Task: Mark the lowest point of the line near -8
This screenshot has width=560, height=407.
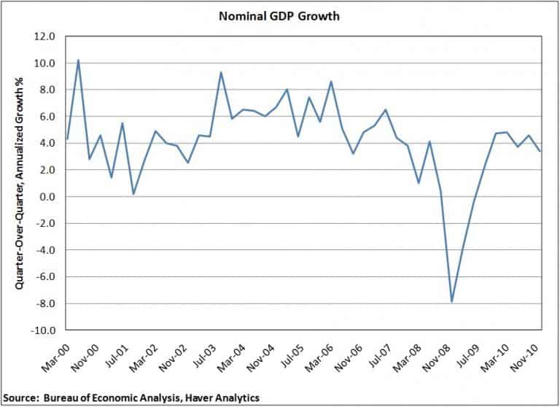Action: [x=452, y=301]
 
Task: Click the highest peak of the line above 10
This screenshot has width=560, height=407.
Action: [x=78, y=60]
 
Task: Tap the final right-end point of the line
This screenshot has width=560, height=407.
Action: [x=540, y=152]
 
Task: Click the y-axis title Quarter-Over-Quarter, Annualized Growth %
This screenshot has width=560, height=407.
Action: [x=16, y=182]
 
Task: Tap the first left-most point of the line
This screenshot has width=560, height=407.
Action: [x=67, y=139]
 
